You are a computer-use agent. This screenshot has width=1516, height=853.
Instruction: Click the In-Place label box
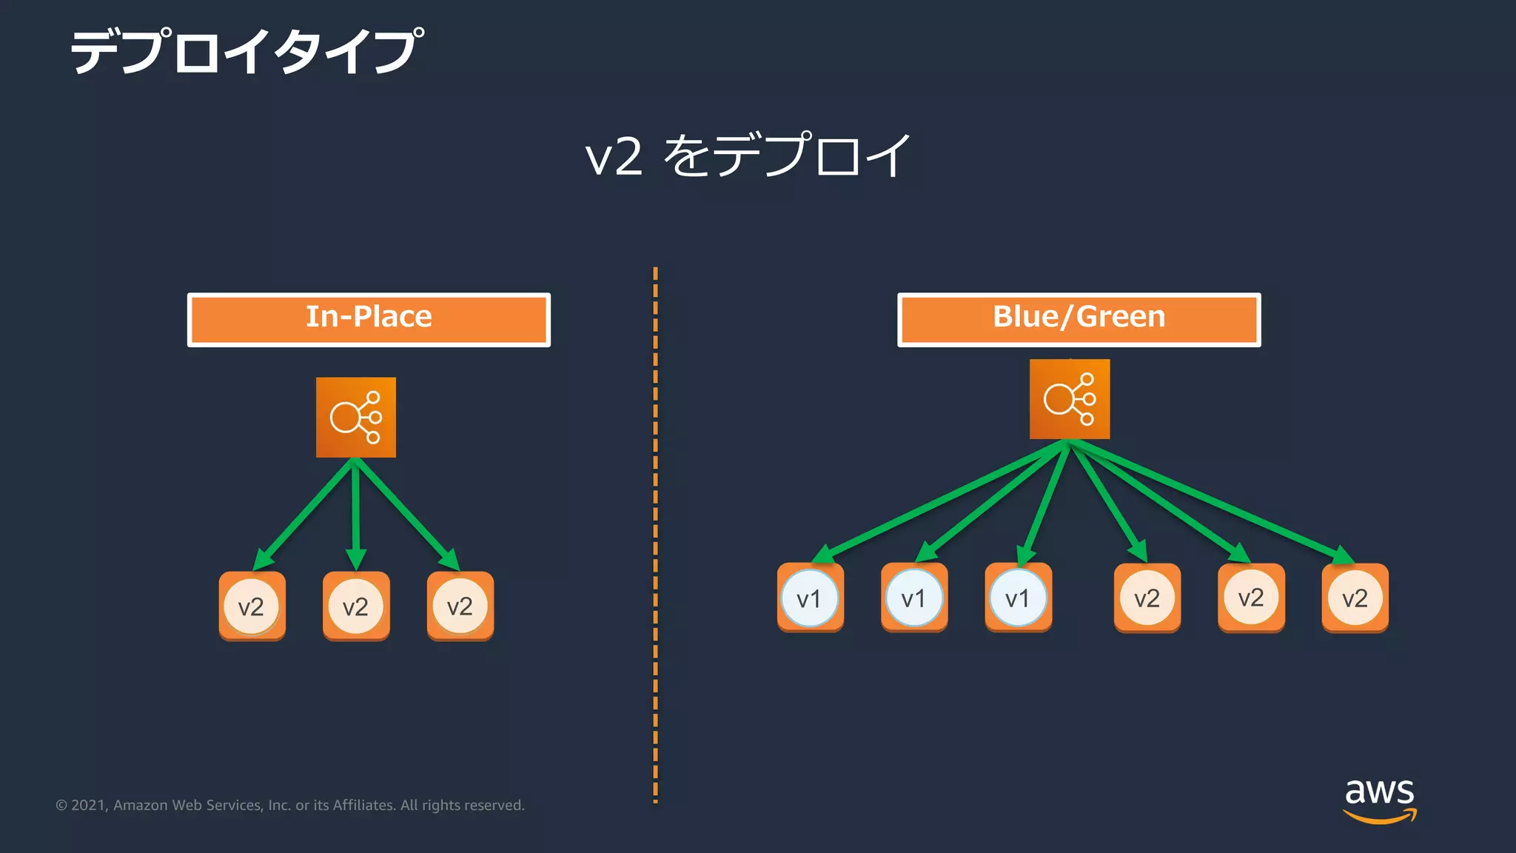pyautogui.click(x=369, y=319)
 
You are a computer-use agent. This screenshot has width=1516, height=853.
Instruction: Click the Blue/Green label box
pyautogui.click(x=1079, y=319)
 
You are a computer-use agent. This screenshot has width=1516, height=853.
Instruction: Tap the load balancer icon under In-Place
pyautogui.click(x=355, y=418)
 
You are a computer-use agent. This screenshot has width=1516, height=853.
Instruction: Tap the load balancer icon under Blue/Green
pyautogui.click(x=1069, y=399)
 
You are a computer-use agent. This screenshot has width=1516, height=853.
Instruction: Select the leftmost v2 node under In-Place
pyautogui.click(x=252, y=606)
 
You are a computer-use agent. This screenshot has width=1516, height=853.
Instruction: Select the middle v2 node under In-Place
pyautogui.click(x=356, y=606)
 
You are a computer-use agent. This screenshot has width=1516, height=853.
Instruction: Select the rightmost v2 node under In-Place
pyautogui.click(x=460, y=606)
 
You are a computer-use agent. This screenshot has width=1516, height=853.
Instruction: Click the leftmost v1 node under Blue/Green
pyautogui.click(x=810, y=598)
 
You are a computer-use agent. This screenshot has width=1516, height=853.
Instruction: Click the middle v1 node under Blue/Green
pyautogui.click(x=914, y=598)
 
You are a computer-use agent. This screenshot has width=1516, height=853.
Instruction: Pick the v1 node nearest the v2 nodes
pyautogui.click(x=1018, y=598)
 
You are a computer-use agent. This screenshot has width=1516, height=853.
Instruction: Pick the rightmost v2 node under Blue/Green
pyautogui.click(x=1355, y=598)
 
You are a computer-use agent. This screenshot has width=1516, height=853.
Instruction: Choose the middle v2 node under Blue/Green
pyautogui.click(x=1251, y=598)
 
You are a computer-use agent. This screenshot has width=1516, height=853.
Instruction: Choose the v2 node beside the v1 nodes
pyautogui.click(x=1147, y=598)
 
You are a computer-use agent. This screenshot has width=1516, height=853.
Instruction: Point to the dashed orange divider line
pyautogui.click(x=655, y=533)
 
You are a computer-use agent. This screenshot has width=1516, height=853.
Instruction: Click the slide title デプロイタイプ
pyautogui.click(x=246, y=52)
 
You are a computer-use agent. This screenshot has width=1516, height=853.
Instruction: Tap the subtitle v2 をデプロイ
pyautogui.click(x=748, y=155)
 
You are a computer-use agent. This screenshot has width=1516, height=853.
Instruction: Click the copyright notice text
pyautogui.click(x=290, y=805)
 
